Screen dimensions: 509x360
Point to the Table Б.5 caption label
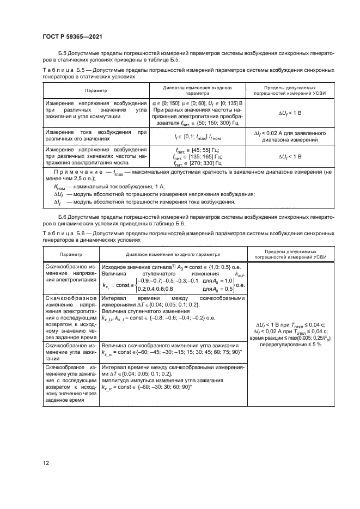click(x=60, y=71)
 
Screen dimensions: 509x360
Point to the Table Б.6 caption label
click(x=60, y=232)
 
